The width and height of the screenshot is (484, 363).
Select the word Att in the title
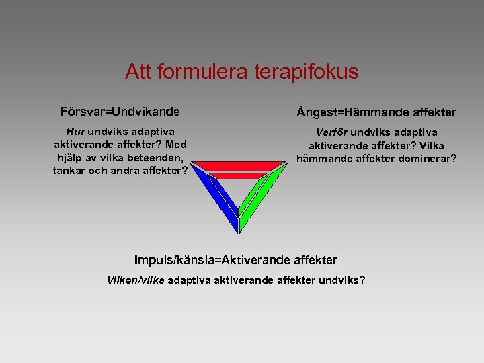tap(138, 72)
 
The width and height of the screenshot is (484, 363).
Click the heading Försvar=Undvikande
tap(120, 110)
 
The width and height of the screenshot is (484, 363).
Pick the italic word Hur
tap(75, 132)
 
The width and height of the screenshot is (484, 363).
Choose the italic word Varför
tap(332, 132)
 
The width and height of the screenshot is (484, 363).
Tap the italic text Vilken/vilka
tap(136, 280)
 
